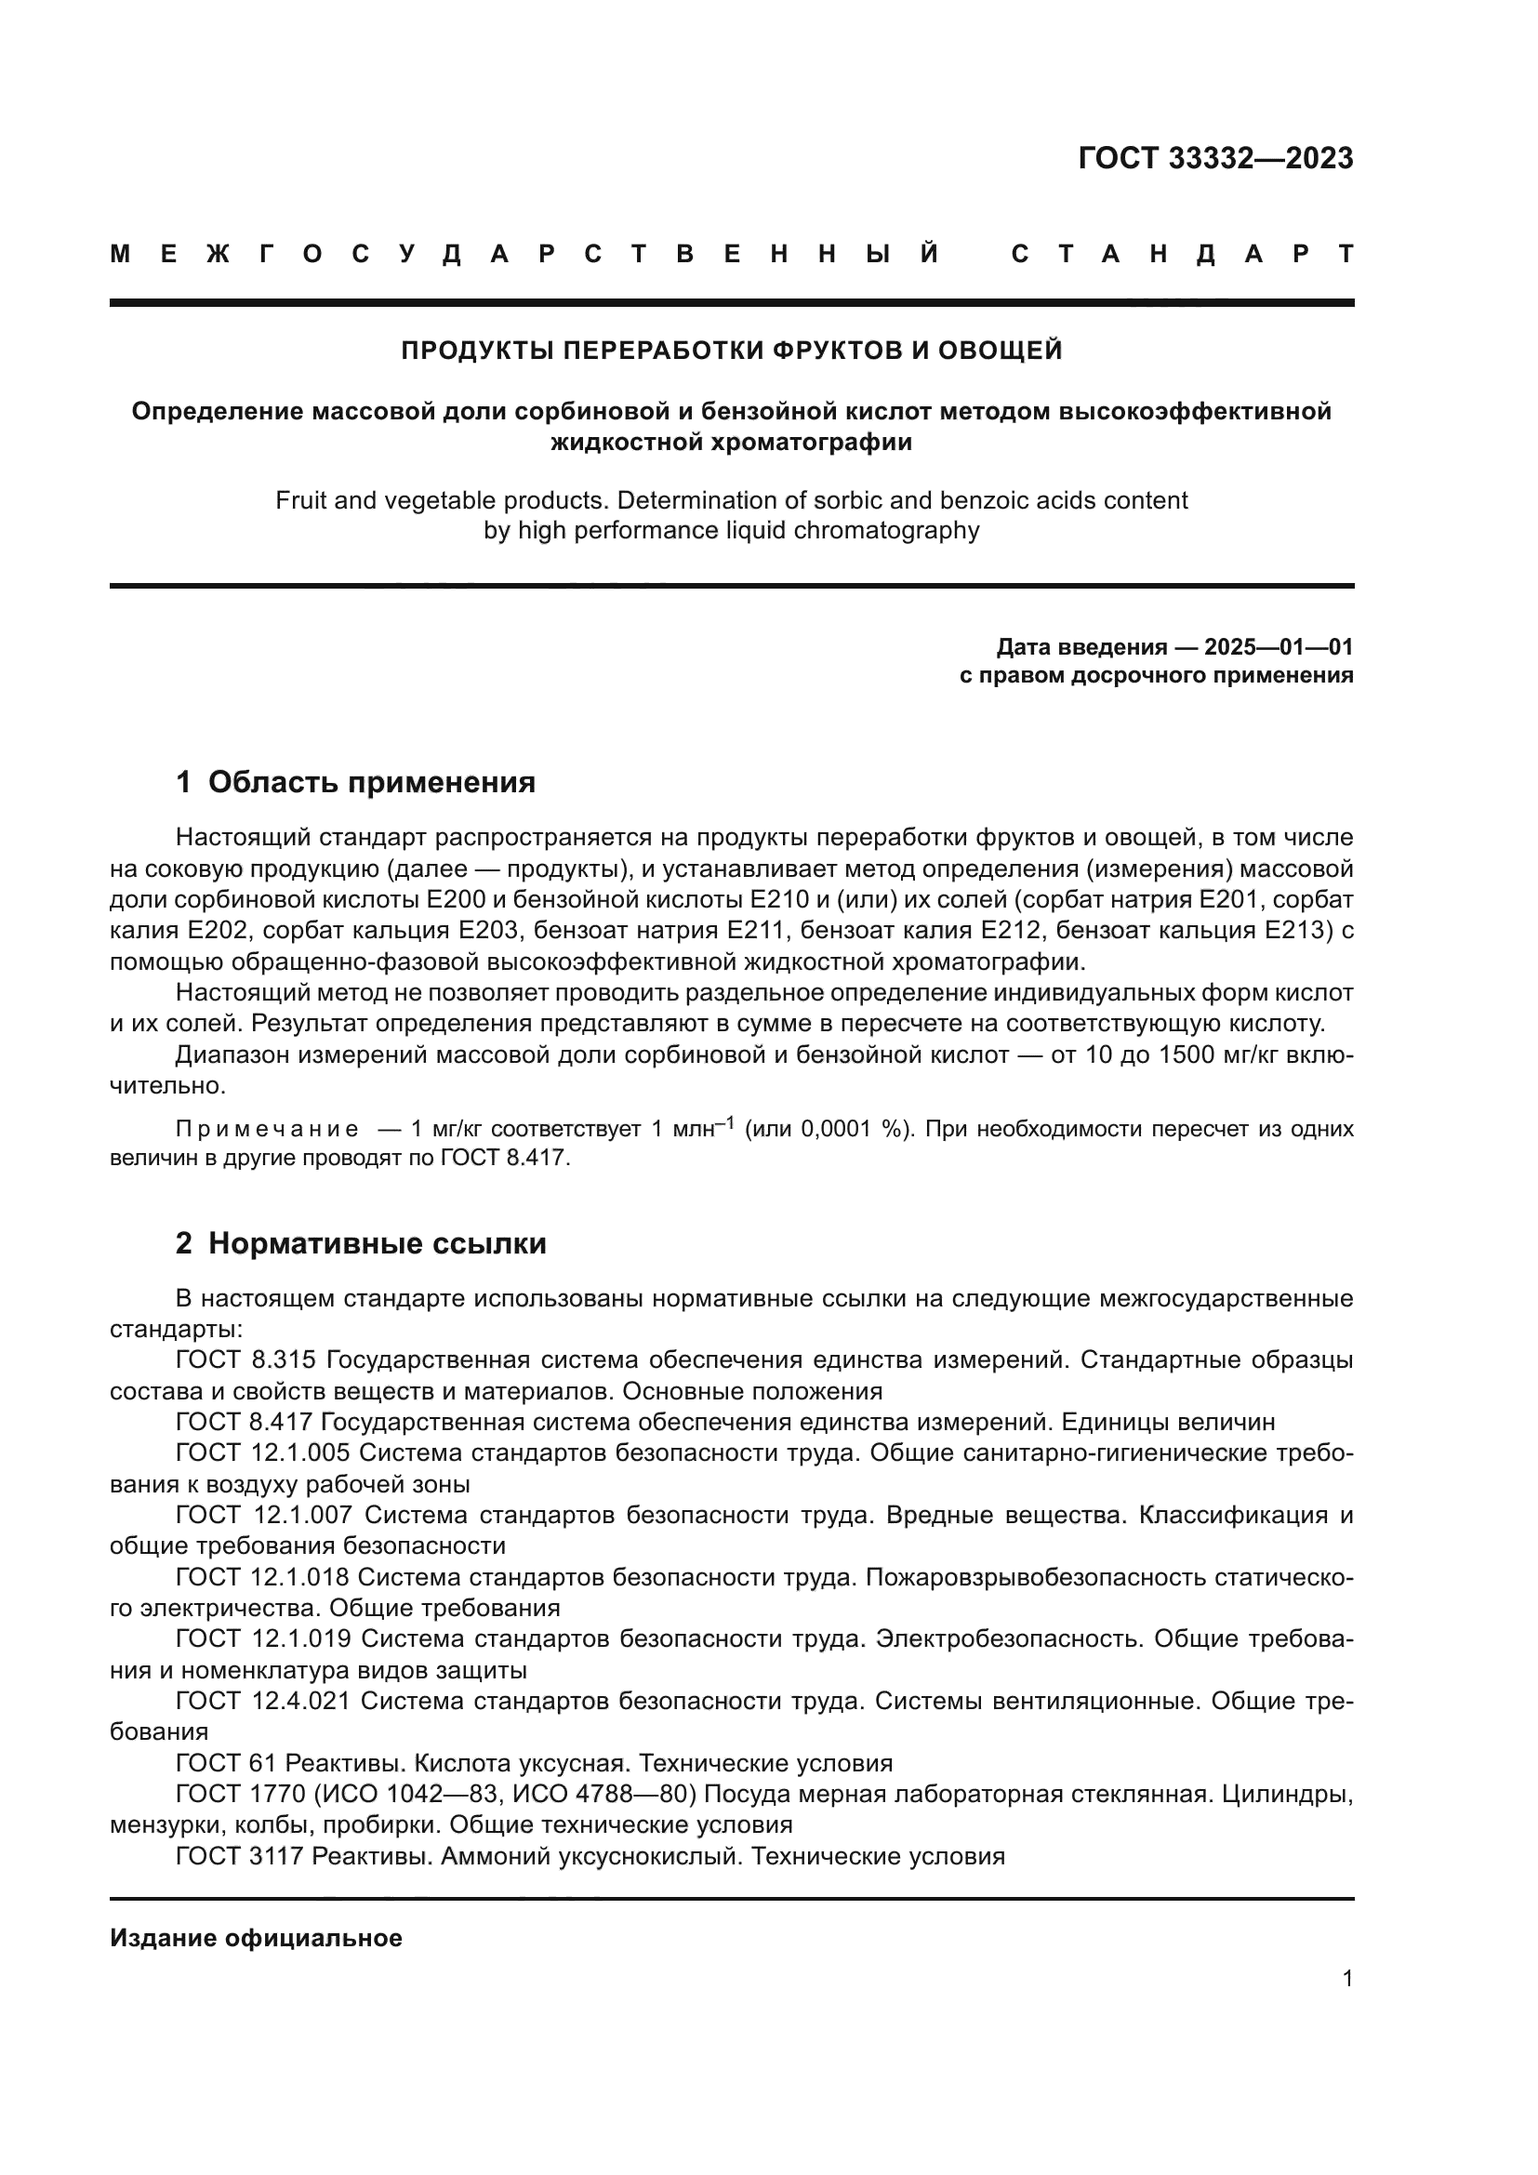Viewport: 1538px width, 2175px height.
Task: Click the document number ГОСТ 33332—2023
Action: (1215, 158)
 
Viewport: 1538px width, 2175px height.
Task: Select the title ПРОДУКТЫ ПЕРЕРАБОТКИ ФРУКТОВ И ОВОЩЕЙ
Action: (731, 351)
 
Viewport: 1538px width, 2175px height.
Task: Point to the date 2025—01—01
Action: (1279, 647)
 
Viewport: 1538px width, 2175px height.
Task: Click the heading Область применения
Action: (371, 782)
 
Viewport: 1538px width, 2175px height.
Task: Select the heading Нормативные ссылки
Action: (377, 1244)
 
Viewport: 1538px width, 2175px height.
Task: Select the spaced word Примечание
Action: (267, 1129)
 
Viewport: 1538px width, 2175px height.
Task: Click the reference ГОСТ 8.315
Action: (246, 1361)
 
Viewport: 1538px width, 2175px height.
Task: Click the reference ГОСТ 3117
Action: (239, 1856)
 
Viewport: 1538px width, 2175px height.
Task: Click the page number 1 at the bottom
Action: (1346, 1978)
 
